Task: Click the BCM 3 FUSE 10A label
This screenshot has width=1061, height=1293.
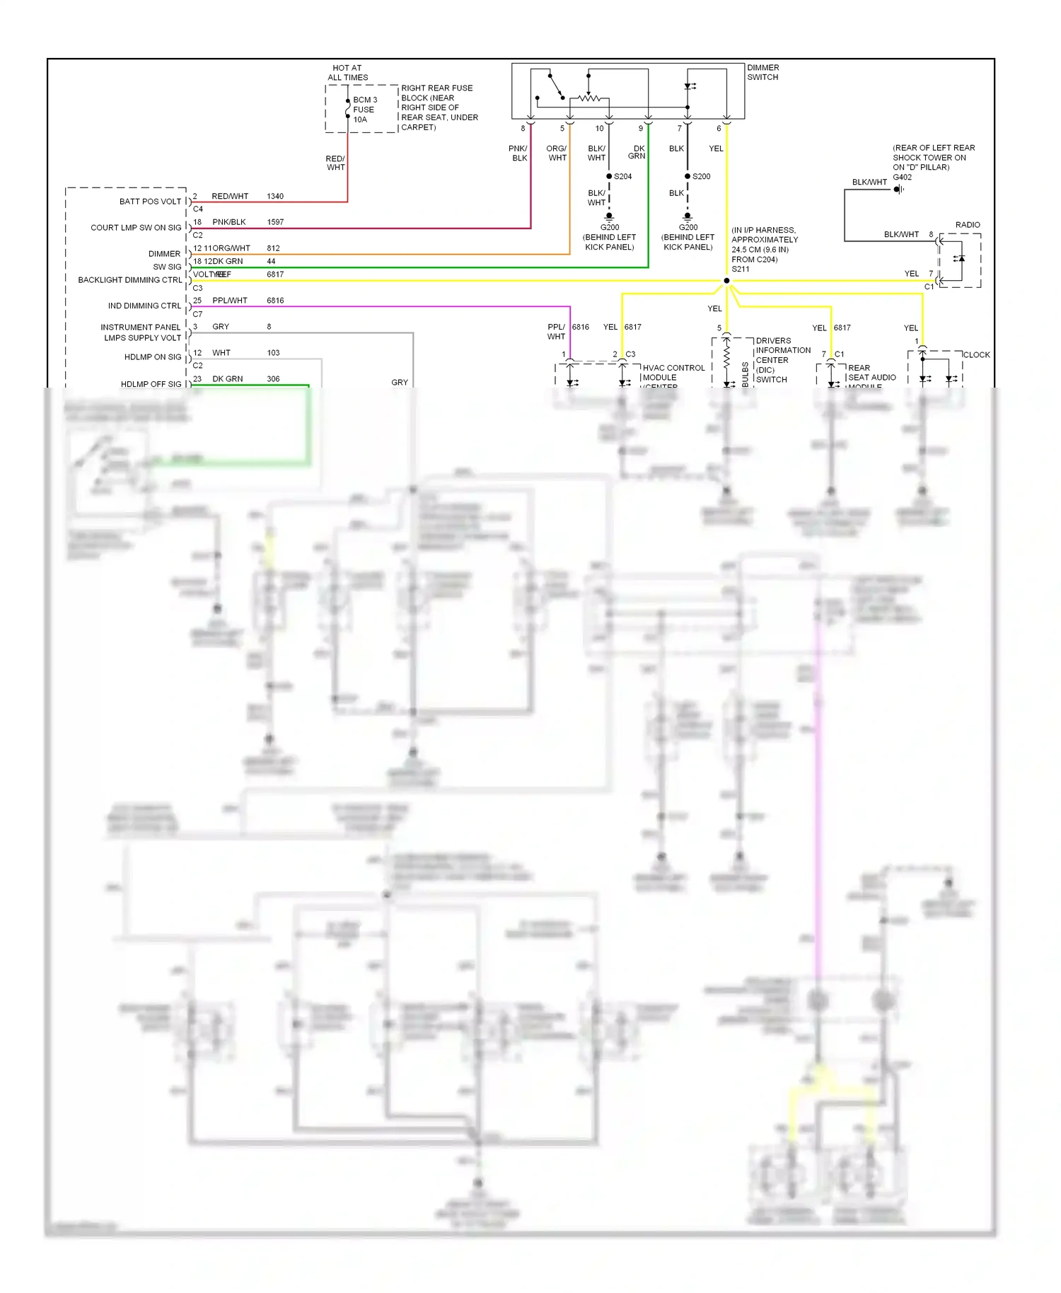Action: tap(364, 110)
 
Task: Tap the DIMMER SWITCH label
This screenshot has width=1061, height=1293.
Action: tap(763, 72)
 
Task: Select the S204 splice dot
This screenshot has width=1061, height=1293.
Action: tap(609, 176)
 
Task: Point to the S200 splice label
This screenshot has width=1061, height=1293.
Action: tap(701, 176)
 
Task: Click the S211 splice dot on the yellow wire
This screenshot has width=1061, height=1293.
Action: tap(726, 281)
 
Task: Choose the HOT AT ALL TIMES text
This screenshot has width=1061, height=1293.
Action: tap(347, 73)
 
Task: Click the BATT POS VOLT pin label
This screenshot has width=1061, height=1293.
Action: tap(150, 202)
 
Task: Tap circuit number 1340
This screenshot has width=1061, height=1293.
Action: tap(275, 196)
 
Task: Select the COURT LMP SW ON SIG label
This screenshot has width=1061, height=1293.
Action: tap(136, 228)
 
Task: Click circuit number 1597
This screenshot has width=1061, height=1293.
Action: tap(275, 222)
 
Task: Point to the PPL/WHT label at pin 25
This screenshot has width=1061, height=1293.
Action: tap(230, 301)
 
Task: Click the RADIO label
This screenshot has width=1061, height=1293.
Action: tap(967, 225)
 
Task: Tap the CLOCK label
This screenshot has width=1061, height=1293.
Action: tap(976, 355)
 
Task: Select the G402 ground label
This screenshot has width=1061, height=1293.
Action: tap(902, 178)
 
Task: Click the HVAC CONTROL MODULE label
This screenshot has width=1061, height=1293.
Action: tap(673, 373)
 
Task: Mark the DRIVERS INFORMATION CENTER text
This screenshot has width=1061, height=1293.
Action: tap(782, 350)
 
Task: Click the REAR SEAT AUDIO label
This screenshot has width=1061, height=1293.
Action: tap(871, 373)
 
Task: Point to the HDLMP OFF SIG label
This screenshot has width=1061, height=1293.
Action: tap(151, 384)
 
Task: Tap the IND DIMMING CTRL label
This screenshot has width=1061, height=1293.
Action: tap(144, 306)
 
